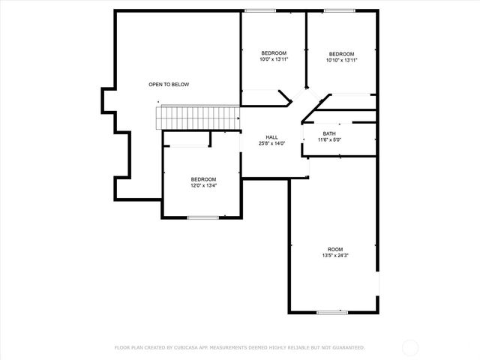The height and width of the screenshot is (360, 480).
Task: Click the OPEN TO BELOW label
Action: (168, 85)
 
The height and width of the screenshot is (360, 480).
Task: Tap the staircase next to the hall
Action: (197, 117)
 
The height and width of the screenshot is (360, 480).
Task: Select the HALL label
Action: (272, 137)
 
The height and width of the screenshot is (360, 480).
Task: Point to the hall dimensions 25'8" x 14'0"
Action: (272, 143)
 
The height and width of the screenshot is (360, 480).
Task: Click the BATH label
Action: (329, 133)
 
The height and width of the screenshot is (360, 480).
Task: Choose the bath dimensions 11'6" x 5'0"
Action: (329, 139)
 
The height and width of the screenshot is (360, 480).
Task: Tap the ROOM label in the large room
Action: (334, 250)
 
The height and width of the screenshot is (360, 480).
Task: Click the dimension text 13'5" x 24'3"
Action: (334, 256)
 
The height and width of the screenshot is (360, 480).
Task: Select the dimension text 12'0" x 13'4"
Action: (203, 185)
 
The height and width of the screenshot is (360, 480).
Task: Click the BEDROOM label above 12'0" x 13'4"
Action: (203, 179)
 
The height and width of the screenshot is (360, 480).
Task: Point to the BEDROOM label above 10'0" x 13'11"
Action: (274, 52)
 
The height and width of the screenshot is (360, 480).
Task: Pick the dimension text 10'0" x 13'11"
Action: (274, 58)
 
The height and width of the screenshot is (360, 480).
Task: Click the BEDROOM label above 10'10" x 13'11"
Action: (342, 54)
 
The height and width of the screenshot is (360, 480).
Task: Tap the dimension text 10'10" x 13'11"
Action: (342, 60)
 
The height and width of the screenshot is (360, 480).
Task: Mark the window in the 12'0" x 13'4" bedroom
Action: (202, 217)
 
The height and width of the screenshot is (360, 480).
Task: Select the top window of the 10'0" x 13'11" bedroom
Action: (259, 10)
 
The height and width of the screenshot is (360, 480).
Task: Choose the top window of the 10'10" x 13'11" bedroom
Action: (340, 10)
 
